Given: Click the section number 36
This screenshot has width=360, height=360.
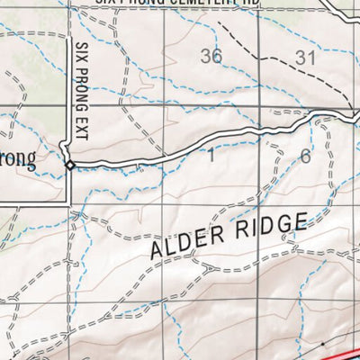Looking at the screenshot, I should pyautogui.click(x=211, y=56).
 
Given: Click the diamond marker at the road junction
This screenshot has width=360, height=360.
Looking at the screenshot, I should pyautogui.click(x=69, y=165).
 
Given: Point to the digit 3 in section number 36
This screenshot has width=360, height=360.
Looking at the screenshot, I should pyautogui.click(x=206, y=56).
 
